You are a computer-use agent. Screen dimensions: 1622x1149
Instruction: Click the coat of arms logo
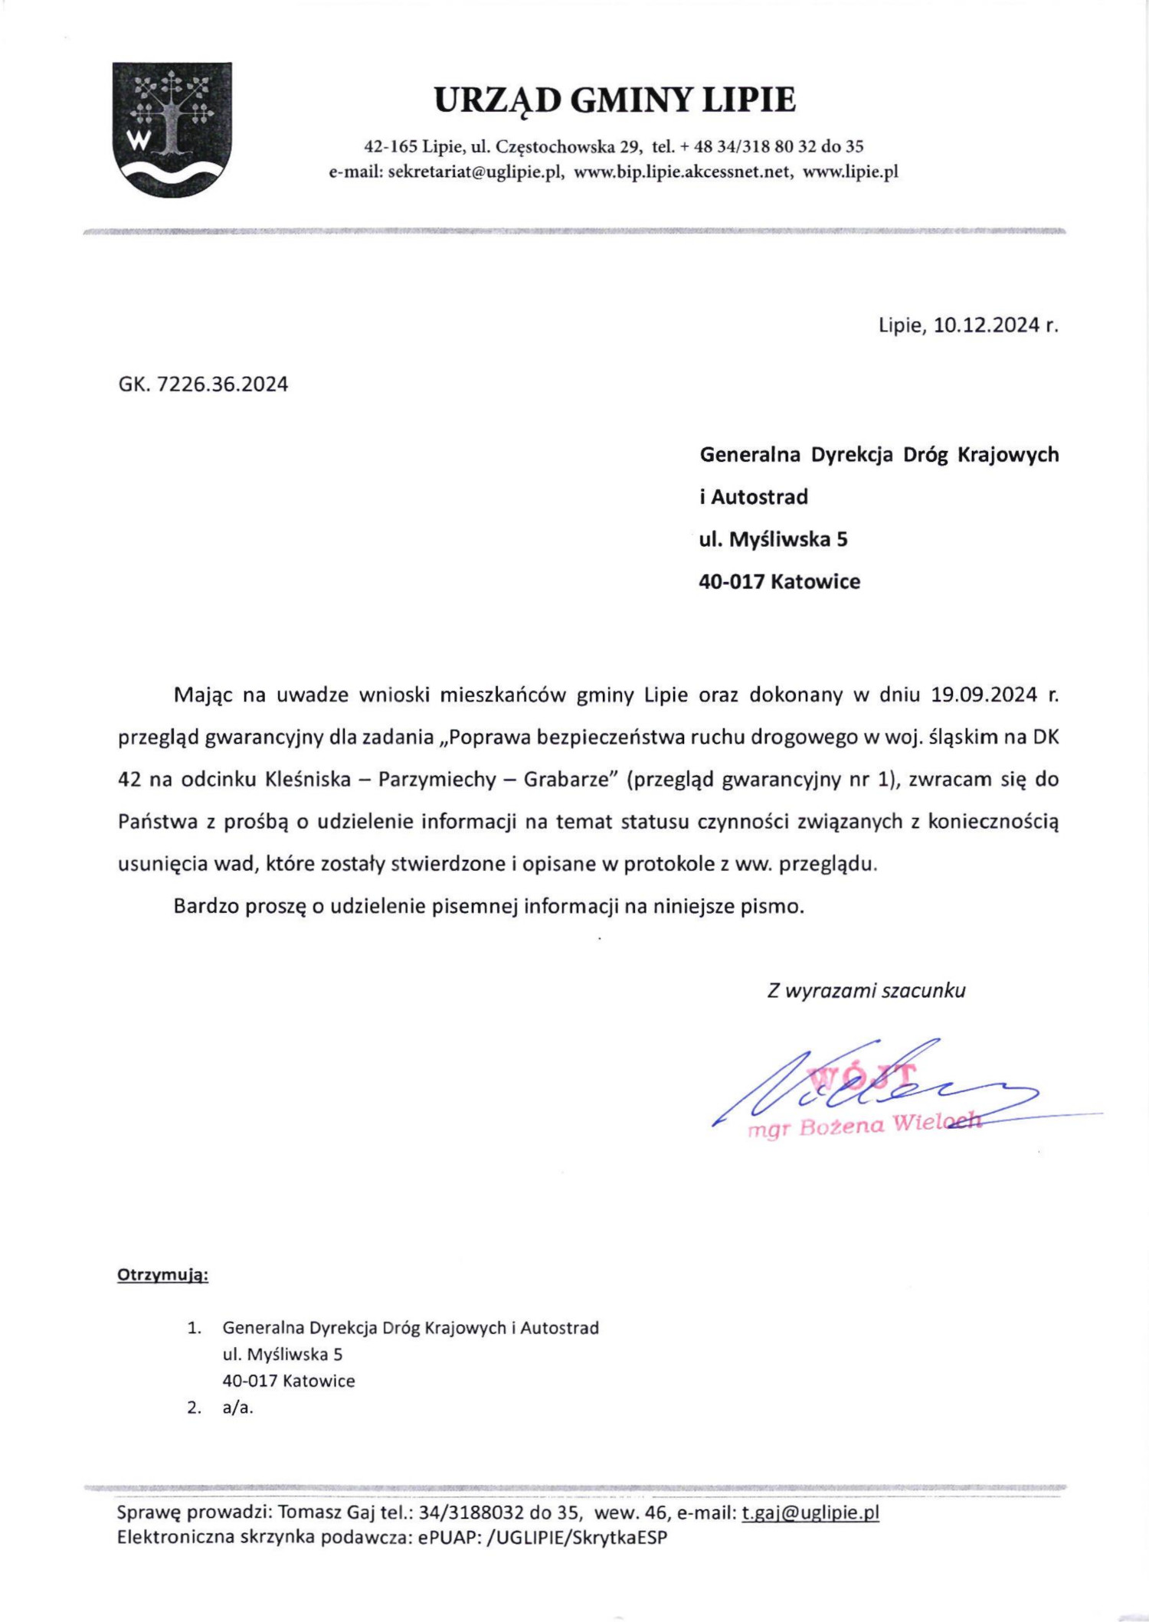172,129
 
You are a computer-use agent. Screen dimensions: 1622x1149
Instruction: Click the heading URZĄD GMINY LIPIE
614,100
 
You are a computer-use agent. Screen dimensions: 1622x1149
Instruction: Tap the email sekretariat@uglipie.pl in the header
476,172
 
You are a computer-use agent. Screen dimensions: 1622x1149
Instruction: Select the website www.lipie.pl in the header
849,172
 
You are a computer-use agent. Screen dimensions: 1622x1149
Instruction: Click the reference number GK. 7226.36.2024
203,384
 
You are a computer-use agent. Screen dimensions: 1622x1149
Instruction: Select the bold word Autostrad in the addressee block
759,497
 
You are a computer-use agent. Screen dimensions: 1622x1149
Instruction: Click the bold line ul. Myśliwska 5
773,539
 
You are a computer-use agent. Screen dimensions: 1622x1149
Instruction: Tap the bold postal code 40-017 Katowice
779,581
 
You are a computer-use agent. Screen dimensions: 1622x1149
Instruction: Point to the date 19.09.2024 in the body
983,695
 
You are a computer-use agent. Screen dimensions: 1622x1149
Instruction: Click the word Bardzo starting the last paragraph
205,906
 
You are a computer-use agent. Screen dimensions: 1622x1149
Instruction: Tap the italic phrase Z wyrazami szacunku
866,990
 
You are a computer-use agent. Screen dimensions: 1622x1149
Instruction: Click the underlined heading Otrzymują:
162,1275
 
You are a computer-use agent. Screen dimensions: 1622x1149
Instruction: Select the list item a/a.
237,1407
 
